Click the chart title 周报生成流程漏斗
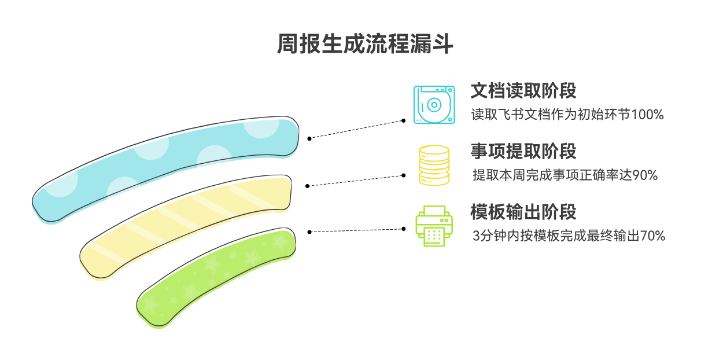(x=365, y=44)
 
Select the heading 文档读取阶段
(x=523, y=91)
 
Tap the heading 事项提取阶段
(x=523, y=151)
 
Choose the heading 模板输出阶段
(x=523, y=212)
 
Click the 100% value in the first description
(x=647, y=115)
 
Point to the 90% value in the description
(x=645, y=175)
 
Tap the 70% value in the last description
(x=652, y=236)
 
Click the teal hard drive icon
(x=434, y=105)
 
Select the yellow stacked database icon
(x=434, y=166)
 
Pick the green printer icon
(x=434, y=226)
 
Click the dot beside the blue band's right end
(x=309, y=138)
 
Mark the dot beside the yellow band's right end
(x=307, y=186)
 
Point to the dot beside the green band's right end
(x=309, y=232)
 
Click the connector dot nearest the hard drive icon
(x=403, y=120)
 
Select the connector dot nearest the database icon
(x=403, y=175)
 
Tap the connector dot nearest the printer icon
(x=403, y=229)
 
